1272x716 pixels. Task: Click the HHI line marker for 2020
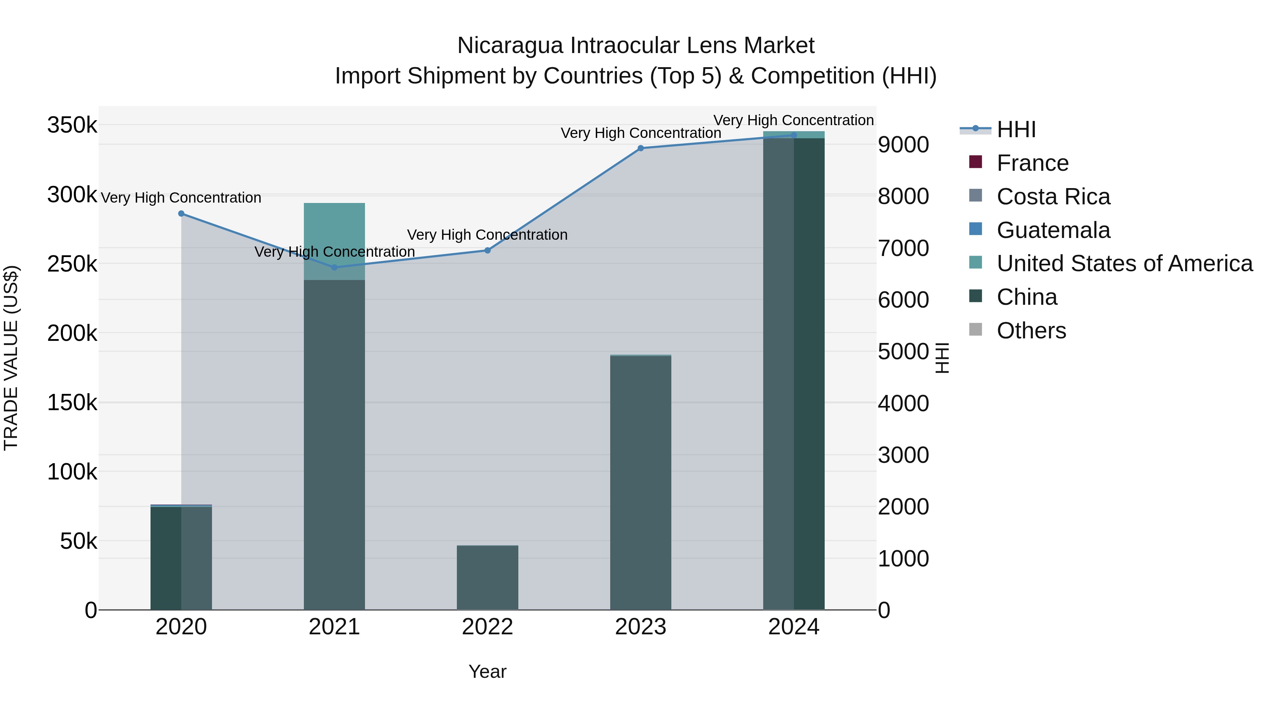pos(181,214)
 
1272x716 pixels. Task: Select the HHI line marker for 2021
pos(334,267)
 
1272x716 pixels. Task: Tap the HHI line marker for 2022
pos(487,251)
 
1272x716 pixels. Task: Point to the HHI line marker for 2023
pos(641,148)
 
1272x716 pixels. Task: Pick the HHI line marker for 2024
pos(794,135)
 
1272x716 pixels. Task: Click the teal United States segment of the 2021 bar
pos(334,232)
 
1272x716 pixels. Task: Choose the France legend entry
pos(1032,163)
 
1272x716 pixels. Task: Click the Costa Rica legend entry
pos(1053,197)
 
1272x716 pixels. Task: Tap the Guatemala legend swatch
pos(975,229)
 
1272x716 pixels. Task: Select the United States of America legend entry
pos(1124,263)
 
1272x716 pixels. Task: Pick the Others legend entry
pos(1031,331)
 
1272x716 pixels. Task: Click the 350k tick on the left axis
pos(72,125)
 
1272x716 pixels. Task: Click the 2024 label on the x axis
pos(794,627)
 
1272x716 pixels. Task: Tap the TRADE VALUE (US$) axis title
pos(11,358)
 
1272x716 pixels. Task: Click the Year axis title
pos(487,671)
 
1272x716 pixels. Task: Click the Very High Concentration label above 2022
pos(487,235)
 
